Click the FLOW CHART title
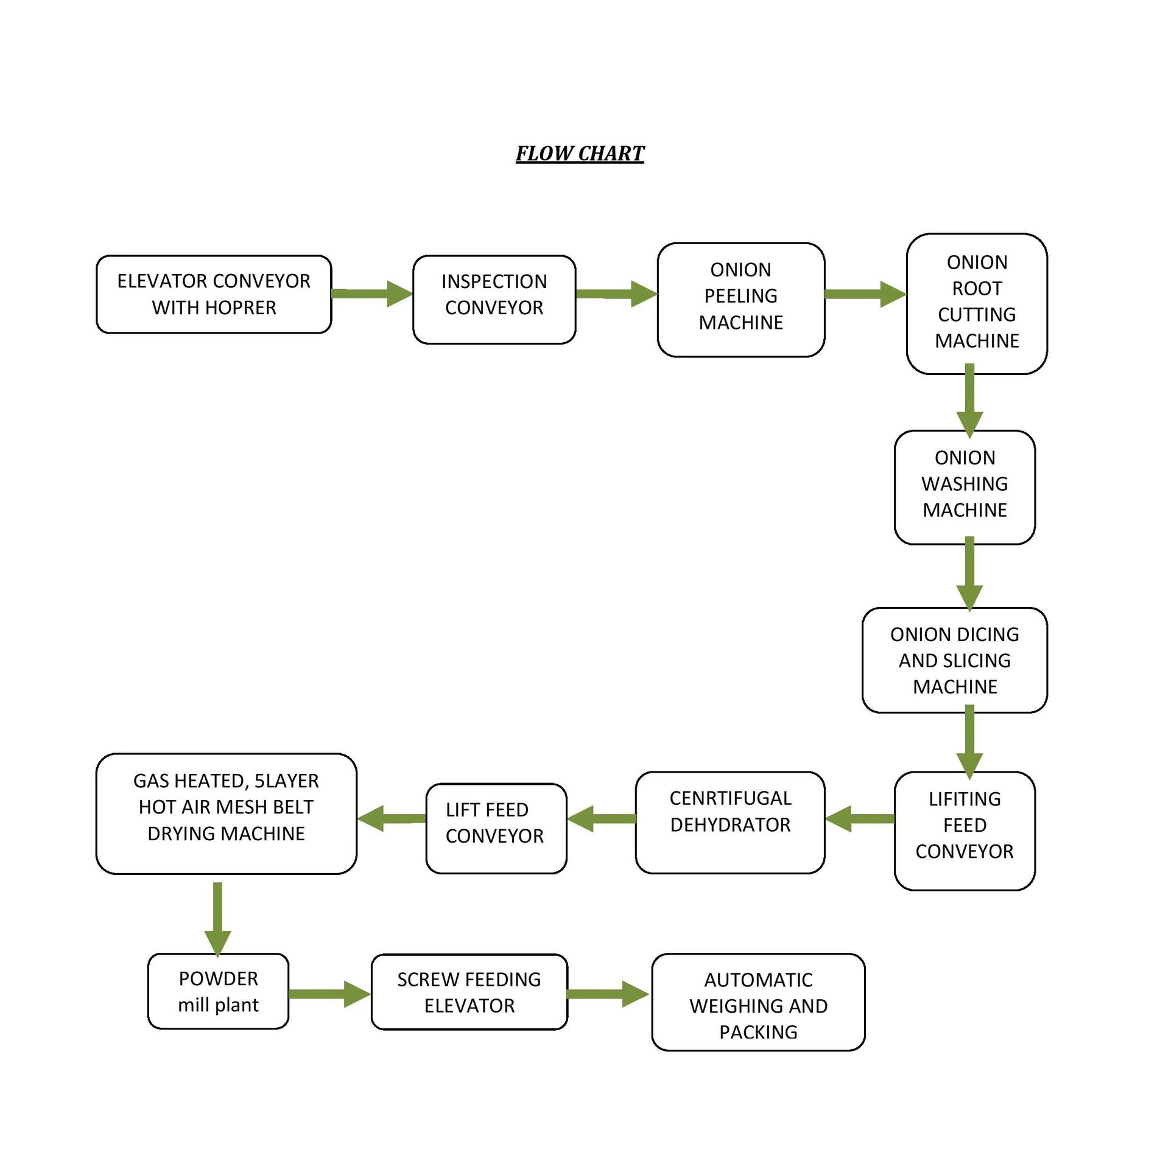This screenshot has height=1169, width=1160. click(x=579, y=153)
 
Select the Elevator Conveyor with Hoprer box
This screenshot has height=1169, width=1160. click(x=214, y=294)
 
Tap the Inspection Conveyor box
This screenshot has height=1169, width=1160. click(x=494, y=299)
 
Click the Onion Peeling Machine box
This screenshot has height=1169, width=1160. click(x=740, y=300)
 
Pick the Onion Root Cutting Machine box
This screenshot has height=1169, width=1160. click(x=976, y=303)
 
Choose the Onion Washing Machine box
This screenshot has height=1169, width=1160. click(x=964, y=487)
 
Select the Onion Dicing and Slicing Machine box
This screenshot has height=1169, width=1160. click(x=954, y=660)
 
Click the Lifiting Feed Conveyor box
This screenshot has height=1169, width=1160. click(x=964, y=830)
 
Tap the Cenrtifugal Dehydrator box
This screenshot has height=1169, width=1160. click(x=729, y=822)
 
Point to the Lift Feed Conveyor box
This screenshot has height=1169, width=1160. click(x=496, y=828)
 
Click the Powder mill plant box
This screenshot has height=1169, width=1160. click(x=218, y=991)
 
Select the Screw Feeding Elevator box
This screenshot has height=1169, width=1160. click(x=469, y=991)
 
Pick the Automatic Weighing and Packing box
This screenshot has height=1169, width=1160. click(x=758, y=1002)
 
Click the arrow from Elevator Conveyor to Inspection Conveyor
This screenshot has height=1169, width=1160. click(x=372, y=293)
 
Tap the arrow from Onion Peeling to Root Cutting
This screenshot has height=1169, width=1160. click(x=865, y=294)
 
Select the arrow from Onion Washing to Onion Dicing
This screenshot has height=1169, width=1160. click(x=969, y=574)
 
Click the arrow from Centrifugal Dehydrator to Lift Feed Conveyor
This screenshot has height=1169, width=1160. click(x=601, y=818)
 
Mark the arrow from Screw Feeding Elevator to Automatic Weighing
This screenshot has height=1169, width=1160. click(x=608, y=994)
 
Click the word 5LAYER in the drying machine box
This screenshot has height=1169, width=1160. click(x=286, y=781)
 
